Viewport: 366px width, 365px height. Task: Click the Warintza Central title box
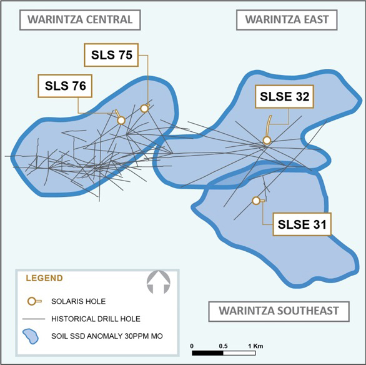(x=80, y=20)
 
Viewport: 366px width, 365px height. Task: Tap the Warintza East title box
(x=287, y=20)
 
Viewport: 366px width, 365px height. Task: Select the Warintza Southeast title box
(x=279, y=311)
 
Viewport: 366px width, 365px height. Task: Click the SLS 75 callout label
(x=111, y=55)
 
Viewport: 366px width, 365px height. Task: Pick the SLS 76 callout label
(x=65, y=86)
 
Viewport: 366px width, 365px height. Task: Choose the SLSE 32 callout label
(x=284, y=96)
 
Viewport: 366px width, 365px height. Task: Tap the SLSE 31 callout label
(x=302, y=224)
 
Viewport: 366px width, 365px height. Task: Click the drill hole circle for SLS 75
(x=144, y=108)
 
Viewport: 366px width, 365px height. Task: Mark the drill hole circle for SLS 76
(x=121, y=121)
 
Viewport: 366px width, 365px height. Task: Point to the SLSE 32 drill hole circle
(x=267, y=141)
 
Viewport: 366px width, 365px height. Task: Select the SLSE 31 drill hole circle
(x=256, y=201)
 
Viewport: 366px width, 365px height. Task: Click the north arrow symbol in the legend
(x=159, y=282)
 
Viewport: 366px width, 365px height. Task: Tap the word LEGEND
(x=44, y=278)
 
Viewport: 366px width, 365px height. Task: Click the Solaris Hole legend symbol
(x=34, y=301)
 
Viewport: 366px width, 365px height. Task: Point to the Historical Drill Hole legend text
(x=96, y=319)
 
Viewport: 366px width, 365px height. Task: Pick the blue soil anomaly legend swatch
(x=31, y=336)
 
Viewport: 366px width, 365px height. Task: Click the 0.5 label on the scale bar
(x=223, y=346)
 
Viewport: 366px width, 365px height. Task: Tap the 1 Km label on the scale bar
(x=255, y=346)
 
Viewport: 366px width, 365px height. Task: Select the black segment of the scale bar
(x=207, y=353)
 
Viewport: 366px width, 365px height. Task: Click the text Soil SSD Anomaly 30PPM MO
(x=107, y=336)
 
